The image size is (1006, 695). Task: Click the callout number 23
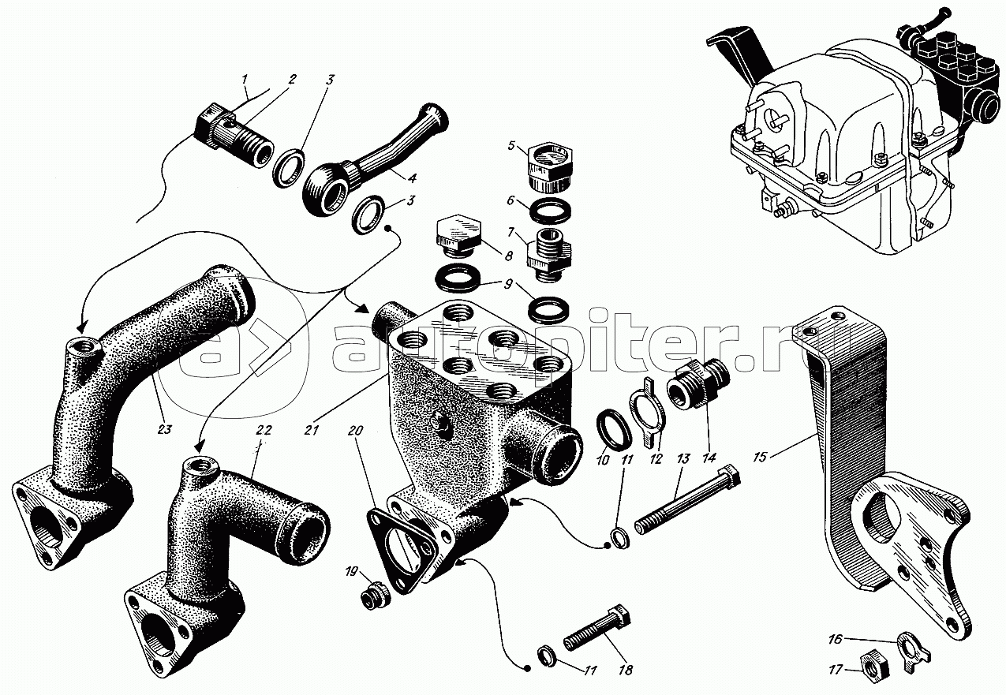[x=165, y=429]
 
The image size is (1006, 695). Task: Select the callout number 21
[x=311, y=430]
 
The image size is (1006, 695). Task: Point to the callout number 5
[x=510, y=145]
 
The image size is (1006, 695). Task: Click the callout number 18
[x=625, y=670]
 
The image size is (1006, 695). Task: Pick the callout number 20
[x=355, y=430]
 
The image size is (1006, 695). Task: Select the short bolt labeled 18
[x=596, y=634]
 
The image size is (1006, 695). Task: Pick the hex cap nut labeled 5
[x=549, y=166]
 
